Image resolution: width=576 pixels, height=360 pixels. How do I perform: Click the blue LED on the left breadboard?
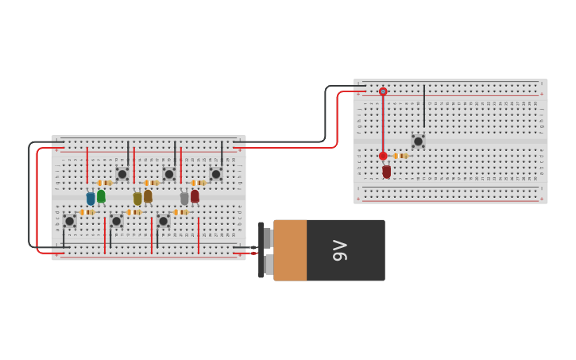91,198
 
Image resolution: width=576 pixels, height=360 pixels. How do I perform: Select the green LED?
101,195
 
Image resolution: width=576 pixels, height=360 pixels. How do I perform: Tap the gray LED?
184,198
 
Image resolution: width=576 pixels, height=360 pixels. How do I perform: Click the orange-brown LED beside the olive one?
148,195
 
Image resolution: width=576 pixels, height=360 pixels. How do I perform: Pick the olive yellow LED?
137,198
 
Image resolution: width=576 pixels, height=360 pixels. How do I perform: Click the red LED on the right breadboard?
387,171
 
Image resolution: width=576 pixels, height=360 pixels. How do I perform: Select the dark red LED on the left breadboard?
195,195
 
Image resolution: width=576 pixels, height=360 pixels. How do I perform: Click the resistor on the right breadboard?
400,156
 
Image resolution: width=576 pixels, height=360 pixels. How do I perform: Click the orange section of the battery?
290,250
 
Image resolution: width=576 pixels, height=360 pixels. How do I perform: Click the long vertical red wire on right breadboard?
383,123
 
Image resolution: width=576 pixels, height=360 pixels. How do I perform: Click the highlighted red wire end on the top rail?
383,91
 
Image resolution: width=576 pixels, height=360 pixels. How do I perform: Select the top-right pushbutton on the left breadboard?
215,174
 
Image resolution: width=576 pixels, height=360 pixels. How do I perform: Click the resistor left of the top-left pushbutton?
104,183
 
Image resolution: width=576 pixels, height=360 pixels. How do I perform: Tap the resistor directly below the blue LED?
87,212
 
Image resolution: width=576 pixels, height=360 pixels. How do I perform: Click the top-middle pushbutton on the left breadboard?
168,174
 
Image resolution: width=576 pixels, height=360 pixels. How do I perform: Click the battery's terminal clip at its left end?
261,250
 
